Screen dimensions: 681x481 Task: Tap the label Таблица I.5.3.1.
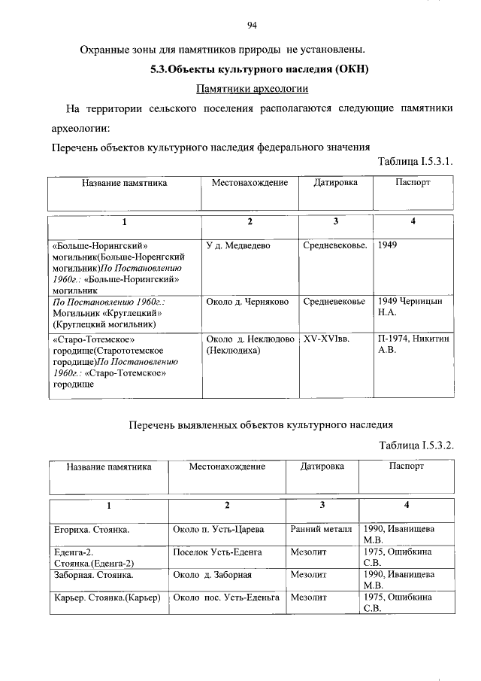pos(416,161)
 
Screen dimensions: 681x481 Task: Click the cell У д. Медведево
pos(238,246)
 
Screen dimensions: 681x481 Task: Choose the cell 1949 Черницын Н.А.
pos(410,307)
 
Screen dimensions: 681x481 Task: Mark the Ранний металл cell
pos(321,530)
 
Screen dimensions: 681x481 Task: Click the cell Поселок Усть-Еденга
pos(217,552)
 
